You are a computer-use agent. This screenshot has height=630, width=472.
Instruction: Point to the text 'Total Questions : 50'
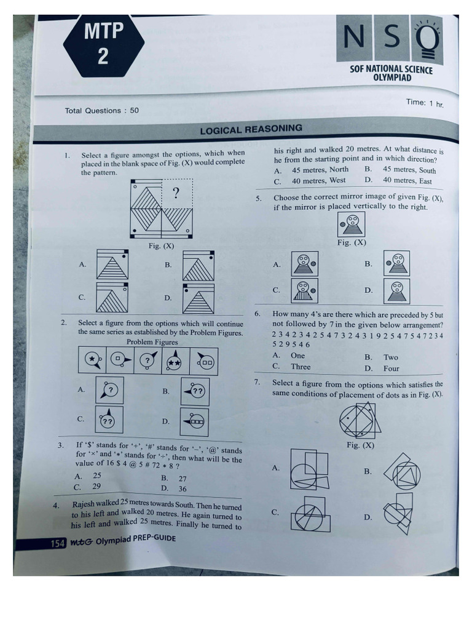click(x=101, y=111)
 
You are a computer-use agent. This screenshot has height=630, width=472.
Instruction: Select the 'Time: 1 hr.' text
click(x=424, y=103)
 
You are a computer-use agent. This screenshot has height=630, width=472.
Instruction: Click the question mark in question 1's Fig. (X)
click(x=176, y=193)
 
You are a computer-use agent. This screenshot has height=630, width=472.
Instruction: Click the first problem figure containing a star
click(x=92, y=361)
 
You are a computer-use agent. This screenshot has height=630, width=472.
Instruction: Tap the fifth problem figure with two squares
click(x=205, y=362)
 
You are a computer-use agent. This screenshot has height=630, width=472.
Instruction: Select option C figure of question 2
click(x=109, y=420)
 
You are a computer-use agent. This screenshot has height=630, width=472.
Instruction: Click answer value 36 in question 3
click(x=183, y=489)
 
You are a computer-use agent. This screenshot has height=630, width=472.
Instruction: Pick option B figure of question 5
click(x=396, y=263)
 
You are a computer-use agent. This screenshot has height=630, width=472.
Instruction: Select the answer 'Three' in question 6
click(x=301, y=367)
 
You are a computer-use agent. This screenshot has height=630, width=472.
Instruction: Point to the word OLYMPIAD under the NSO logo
click(x=391, y=78)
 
